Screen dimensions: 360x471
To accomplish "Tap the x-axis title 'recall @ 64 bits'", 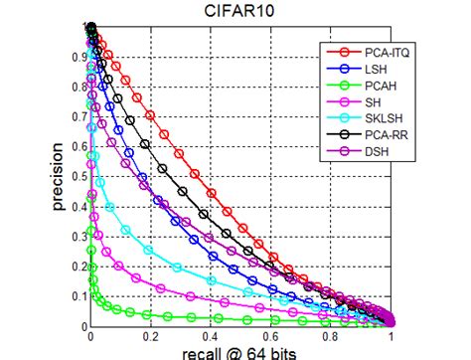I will (241, 352).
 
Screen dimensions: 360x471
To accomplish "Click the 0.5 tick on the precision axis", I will (79, 177).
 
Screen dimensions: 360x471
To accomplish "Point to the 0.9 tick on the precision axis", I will (79, 58).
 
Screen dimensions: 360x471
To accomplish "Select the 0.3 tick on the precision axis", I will (79, 237).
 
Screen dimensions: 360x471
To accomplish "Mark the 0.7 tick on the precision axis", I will (79, 117).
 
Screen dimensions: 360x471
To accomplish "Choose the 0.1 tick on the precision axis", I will (79, 296).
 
